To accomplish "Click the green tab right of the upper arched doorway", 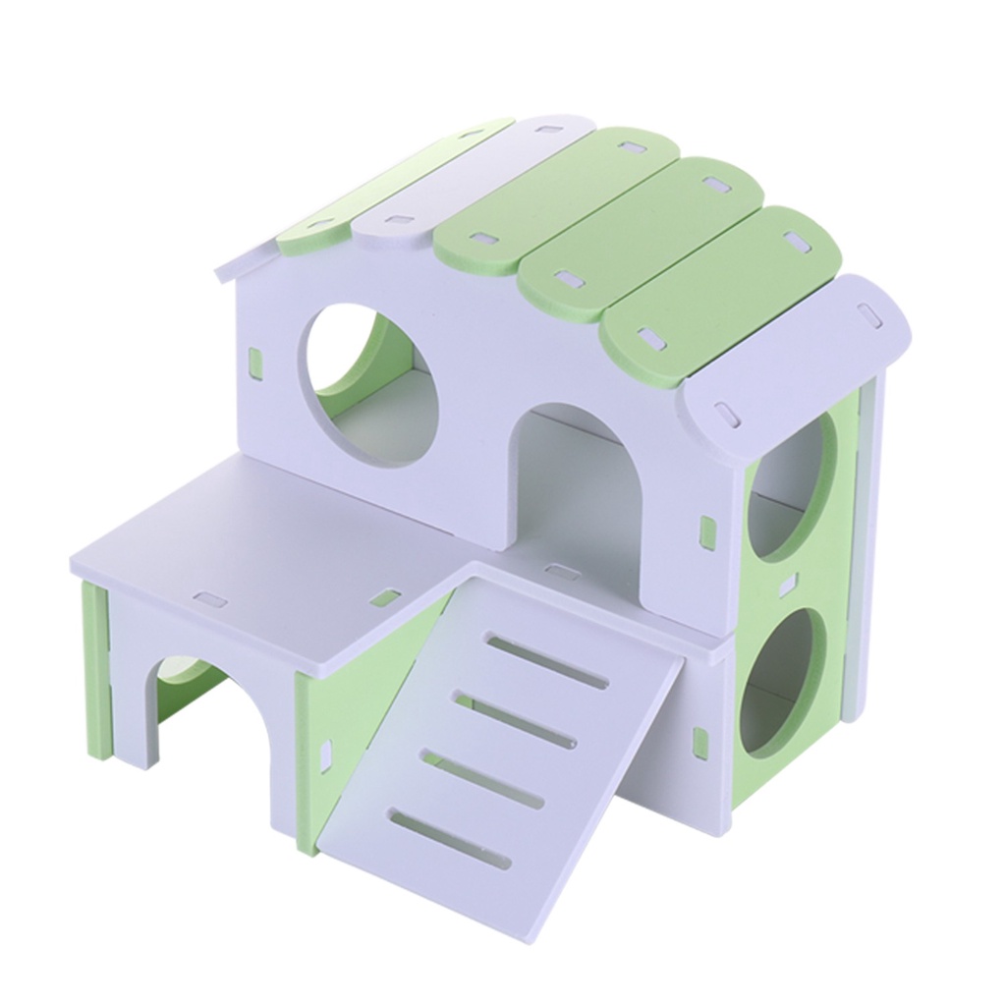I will point(706,530).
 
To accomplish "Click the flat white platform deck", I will point(265,550).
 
